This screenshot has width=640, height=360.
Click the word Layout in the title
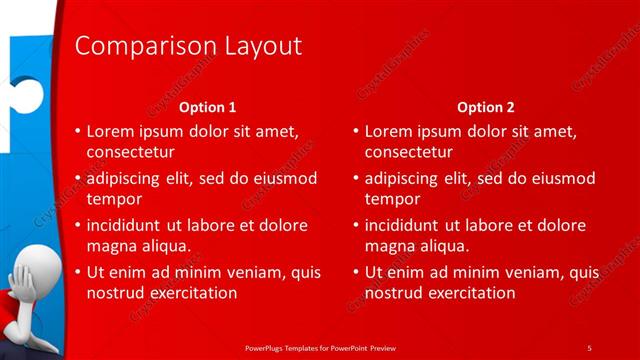click(x=260, y=47)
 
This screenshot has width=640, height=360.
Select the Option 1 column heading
click(x=207, y=107)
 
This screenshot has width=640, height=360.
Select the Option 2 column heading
click(x=485, y=107)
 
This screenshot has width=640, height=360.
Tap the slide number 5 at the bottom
click(x=589, y=347)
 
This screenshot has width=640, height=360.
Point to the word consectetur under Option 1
click(x=131, y=153)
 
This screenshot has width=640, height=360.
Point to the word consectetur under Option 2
click(x=409, y=153)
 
